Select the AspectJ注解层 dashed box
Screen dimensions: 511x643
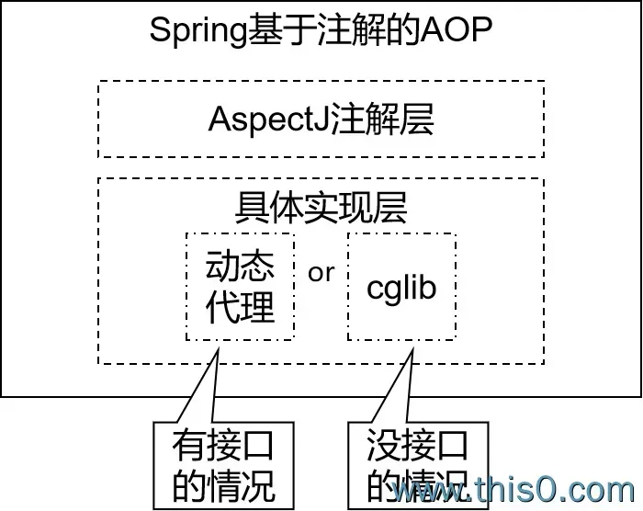click(x=321, y=119)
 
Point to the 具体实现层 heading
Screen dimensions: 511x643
click(x=321, y=207)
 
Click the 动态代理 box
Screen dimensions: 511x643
click(x=241, y=287)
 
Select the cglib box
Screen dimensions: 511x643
click(x=401, y=287)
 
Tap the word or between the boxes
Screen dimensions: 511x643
click(x=321, y=273)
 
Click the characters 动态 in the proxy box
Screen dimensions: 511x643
click(x=241, y=267)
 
